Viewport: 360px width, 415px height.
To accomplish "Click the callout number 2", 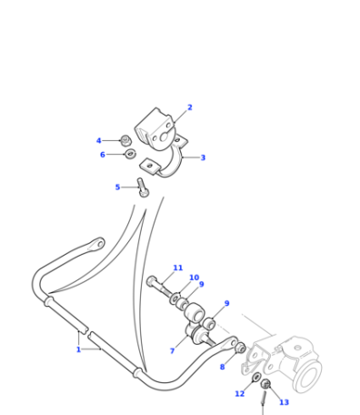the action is [x=190, y=107].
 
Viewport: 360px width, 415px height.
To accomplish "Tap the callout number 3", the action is [x=203, y=157].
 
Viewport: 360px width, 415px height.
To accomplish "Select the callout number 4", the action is [x=98, y=141].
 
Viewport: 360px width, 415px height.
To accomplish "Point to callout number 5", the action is [x=117, y=187].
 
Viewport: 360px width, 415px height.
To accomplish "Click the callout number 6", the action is [x=103, y=155].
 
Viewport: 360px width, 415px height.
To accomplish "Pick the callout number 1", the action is [x=78, y=349].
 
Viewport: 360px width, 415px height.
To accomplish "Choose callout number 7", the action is [x=172, y=350].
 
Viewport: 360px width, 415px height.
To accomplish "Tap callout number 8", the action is [x=222, y=367].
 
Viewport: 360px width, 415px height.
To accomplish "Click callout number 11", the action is [x=178, y=268].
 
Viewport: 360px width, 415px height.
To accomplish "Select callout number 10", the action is [x=194, y=278].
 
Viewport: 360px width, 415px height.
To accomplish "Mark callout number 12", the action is [x=239, y=394].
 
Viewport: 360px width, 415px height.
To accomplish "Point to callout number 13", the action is [x=284, y=402].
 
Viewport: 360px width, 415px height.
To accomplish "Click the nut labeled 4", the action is [x=125, y=140].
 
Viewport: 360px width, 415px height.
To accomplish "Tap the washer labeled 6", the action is [x=131, y=154].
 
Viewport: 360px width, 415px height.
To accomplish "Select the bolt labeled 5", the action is [x=142, y=187].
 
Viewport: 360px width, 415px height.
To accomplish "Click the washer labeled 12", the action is [x=256, y=378].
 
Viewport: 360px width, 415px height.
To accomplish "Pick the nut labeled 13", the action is [x=265, y=384].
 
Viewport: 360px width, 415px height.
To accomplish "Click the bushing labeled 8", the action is [x=240, y=348].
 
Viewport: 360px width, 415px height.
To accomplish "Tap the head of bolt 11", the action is [x=151, y=281].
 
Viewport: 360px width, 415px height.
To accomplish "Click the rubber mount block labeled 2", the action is [x=155, y=129].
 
